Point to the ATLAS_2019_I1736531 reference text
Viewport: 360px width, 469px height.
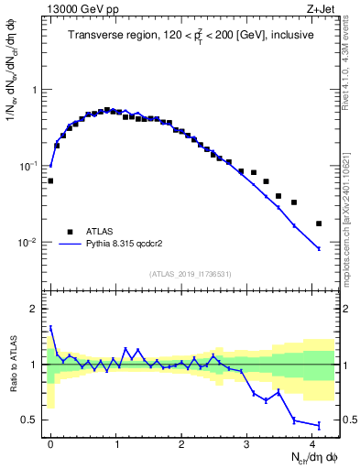click(x=190, y=275)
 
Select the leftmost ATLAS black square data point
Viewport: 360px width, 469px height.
click(x=50, y=180)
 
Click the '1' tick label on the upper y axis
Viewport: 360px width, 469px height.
click(x=34, y=90)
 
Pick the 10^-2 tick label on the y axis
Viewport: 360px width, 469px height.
click(x=28, y=243)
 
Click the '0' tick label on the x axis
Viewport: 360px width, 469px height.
click(x=50, y=444)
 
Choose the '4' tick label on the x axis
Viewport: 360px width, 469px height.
click(x=312, y=444)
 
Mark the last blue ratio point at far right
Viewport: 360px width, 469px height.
click(x=319, y=425)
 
